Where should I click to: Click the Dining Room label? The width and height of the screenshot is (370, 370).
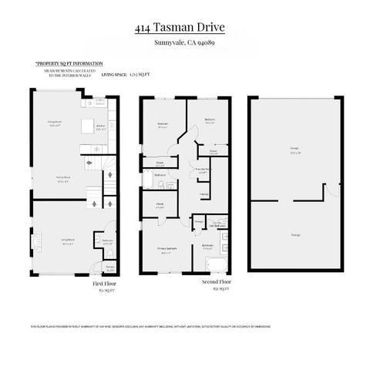tap(55, 123)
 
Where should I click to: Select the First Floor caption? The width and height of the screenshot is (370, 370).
tap(102, 283)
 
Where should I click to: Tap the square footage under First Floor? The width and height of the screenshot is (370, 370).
tap(102, 291)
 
